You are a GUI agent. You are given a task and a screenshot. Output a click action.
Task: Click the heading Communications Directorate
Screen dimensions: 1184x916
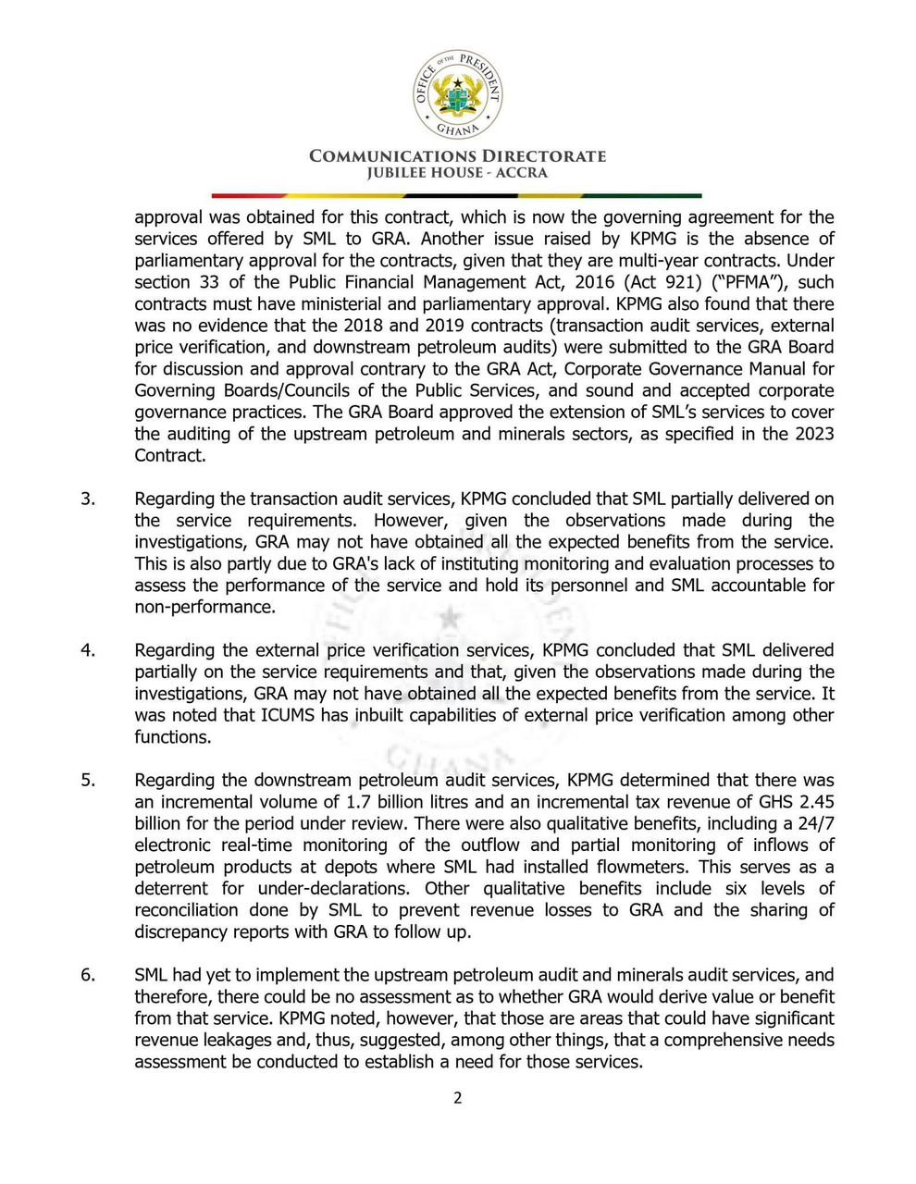(x=457, y=155)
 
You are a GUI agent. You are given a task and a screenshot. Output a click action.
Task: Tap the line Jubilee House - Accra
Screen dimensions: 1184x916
(x=457, y=173)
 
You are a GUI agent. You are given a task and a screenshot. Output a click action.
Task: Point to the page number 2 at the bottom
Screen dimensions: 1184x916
(x=457, y=1099)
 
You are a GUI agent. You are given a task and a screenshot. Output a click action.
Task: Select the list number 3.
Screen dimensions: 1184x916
(x=88, y=499)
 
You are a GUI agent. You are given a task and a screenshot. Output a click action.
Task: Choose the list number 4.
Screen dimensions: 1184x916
(x=88, y=650)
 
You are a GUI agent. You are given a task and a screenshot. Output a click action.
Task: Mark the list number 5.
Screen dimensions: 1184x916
(x=88, y=780)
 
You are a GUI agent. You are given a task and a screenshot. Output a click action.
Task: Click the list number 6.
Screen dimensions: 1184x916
(x=88, y=975)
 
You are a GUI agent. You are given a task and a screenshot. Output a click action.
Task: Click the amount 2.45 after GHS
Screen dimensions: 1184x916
(x=816, y=802)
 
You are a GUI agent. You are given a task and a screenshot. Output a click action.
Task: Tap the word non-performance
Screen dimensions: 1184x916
(x=204, y=607)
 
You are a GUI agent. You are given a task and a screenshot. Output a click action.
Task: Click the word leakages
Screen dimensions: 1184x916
(x=236, y=1040)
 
